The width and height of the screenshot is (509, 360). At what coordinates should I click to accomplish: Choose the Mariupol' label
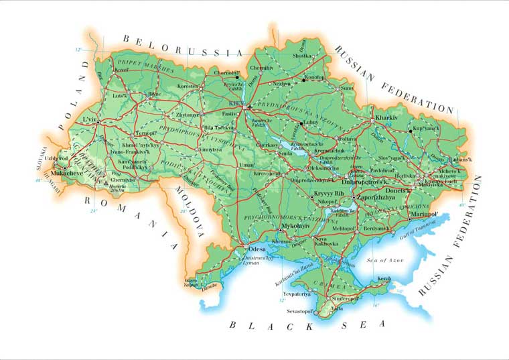pos(423,214)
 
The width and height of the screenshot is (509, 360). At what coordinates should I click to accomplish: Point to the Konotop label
pos(314,77)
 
